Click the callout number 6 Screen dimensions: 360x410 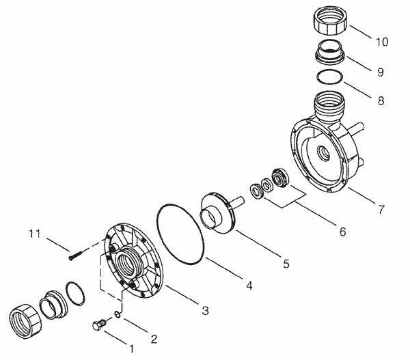[340, 232]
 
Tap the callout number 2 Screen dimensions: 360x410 [154, 339]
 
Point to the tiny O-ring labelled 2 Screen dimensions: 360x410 [118, 315]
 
